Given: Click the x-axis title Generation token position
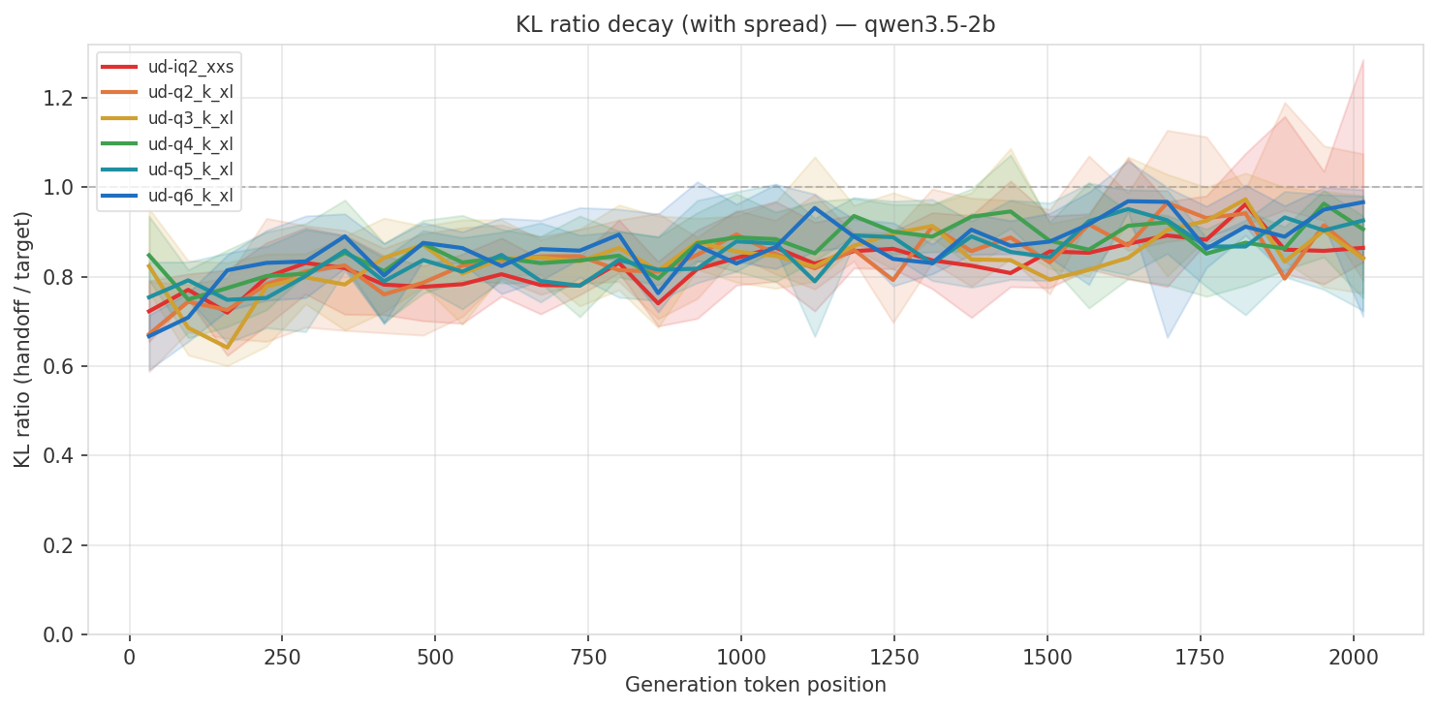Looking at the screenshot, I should tap(756, 686).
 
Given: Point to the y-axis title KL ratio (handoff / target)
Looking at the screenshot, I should tap(22, 339).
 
